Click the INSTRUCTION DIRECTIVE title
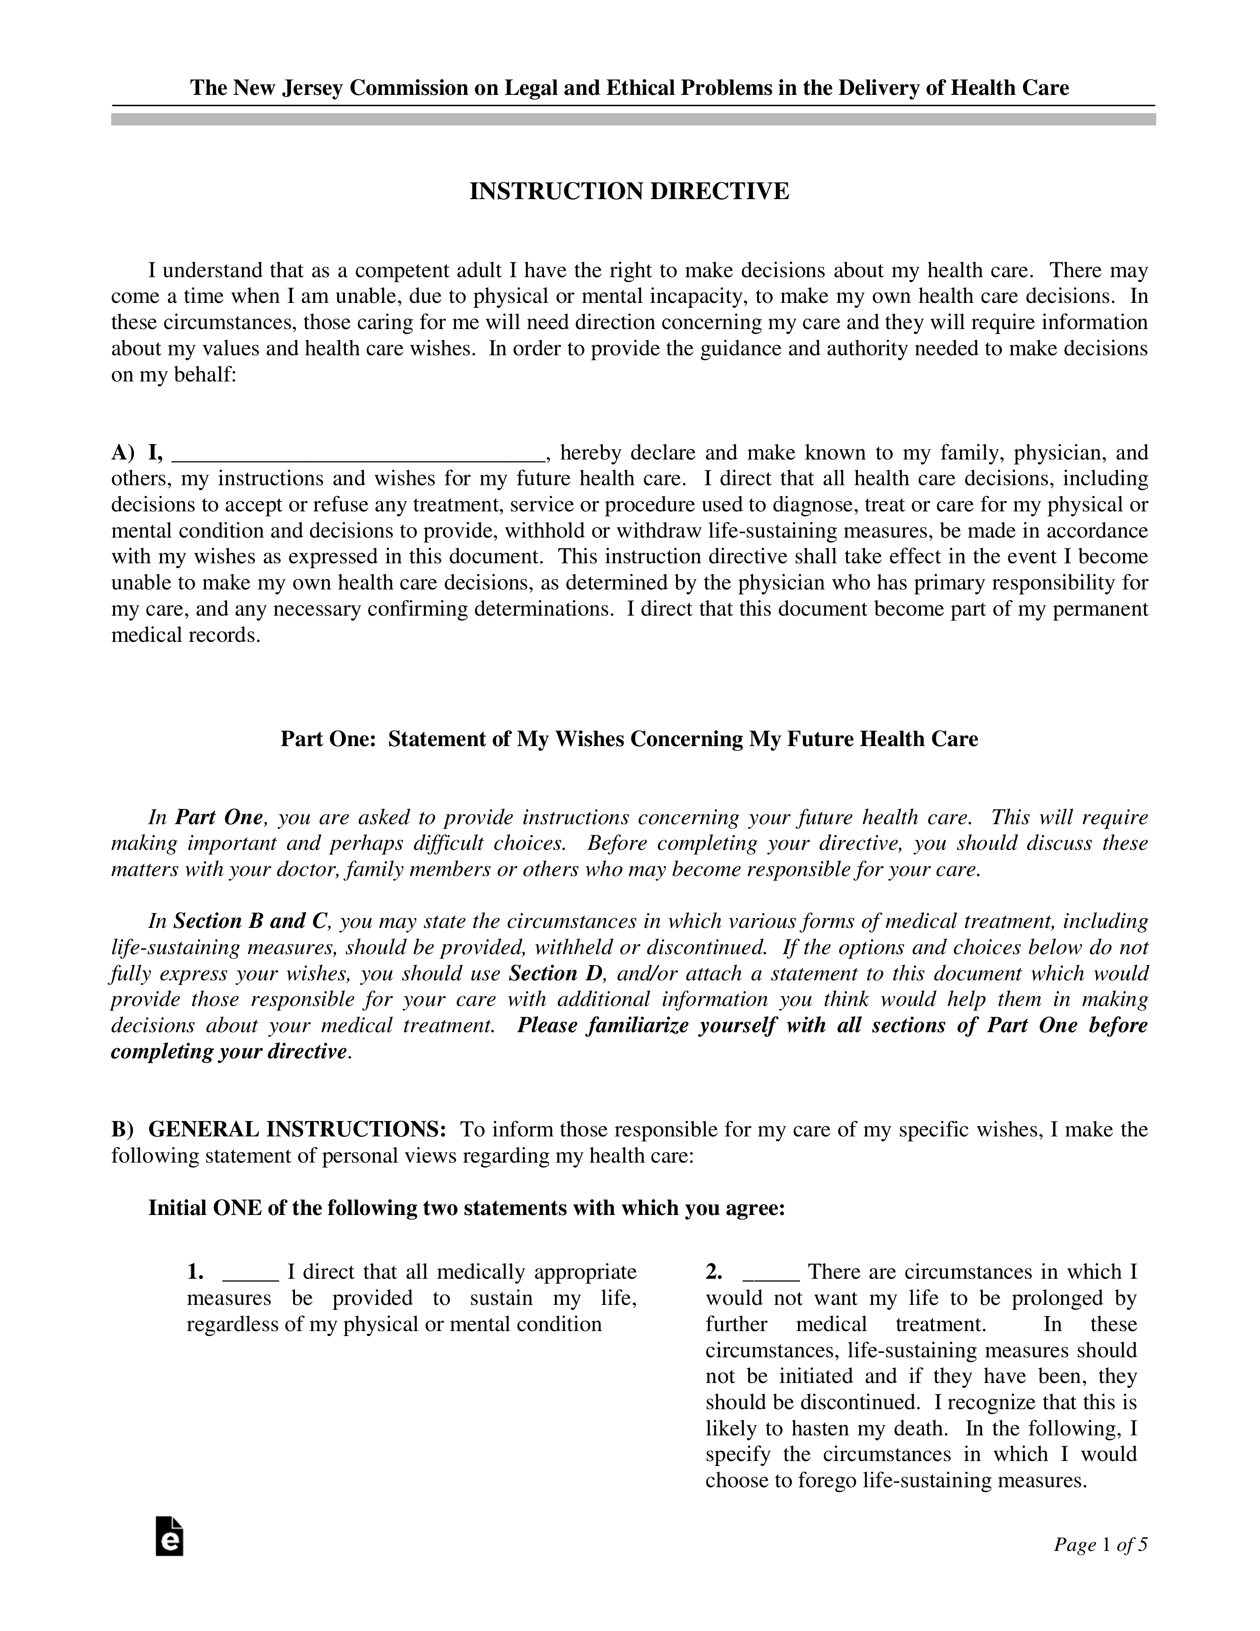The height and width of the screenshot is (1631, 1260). (x=629, y=192)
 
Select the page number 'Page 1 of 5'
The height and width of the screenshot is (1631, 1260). (x=1099, y=1545)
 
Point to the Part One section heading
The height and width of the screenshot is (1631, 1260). (x=629, y=739)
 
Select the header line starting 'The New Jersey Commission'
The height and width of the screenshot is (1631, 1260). (x=629, y=88)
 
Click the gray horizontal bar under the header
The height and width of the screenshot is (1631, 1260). (x=633, y=120)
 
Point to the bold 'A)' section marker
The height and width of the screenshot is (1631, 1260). (x=123, y=453)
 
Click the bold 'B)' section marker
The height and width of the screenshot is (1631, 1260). (x=122, y=1129)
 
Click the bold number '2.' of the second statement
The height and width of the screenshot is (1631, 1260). (x=714, y=1272)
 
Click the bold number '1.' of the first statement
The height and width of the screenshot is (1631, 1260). (x=195, y=1272)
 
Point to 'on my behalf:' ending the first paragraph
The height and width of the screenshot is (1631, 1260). (x=173, y=375)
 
